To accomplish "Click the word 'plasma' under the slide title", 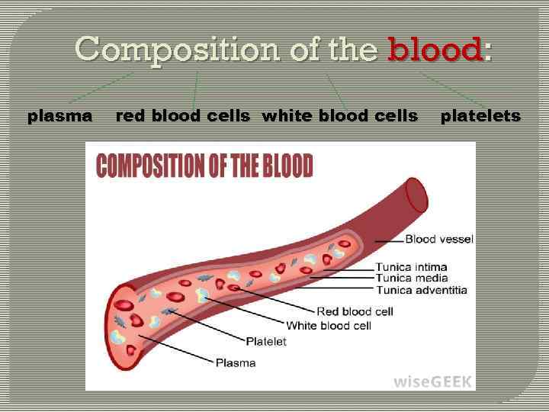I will point(60,116).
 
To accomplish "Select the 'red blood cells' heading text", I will point(182,116).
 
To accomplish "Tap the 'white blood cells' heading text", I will point(339,116).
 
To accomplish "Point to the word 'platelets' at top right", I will point(480,116).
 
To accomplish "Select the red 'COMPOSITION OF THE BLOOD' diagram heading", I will point(204,166).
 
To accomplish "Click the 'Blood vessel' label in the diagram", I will point(438,239).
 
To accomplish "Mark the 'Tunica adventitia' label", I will point(422,290).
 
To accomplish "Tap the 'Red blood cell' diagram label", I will point(355,311).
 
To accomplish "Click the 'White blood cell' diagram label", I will point(329,326).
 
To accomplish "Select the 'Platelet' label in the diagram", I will point(266,341).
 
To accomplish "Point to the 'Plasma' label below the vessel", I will point(236,362).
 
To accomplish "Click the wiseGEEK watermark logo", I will point(432,381).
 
